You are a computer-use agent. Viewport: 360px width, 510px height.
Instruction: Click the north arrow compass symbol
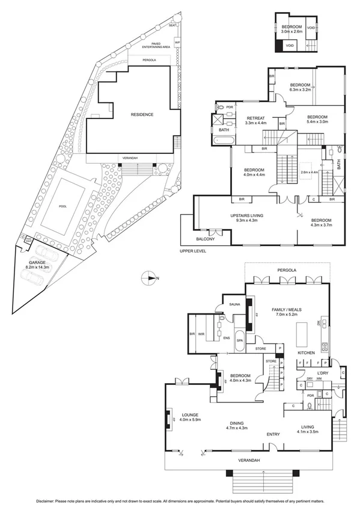click(x=148, y=278)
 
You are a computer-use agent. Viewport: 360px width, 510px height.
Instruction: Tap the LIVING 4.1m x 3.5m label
click(x=311, y=429)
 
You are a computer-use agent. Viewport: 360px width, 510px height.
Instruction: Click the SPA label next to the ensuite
click(x=239, y=340)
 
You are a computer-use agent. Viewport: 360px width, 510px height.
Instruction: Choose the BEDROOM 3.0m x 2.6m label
click(x=290, y=29)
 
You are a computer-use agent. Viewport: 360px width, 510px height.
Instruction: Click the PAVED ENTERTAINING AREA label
click(x=156, y=45)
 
